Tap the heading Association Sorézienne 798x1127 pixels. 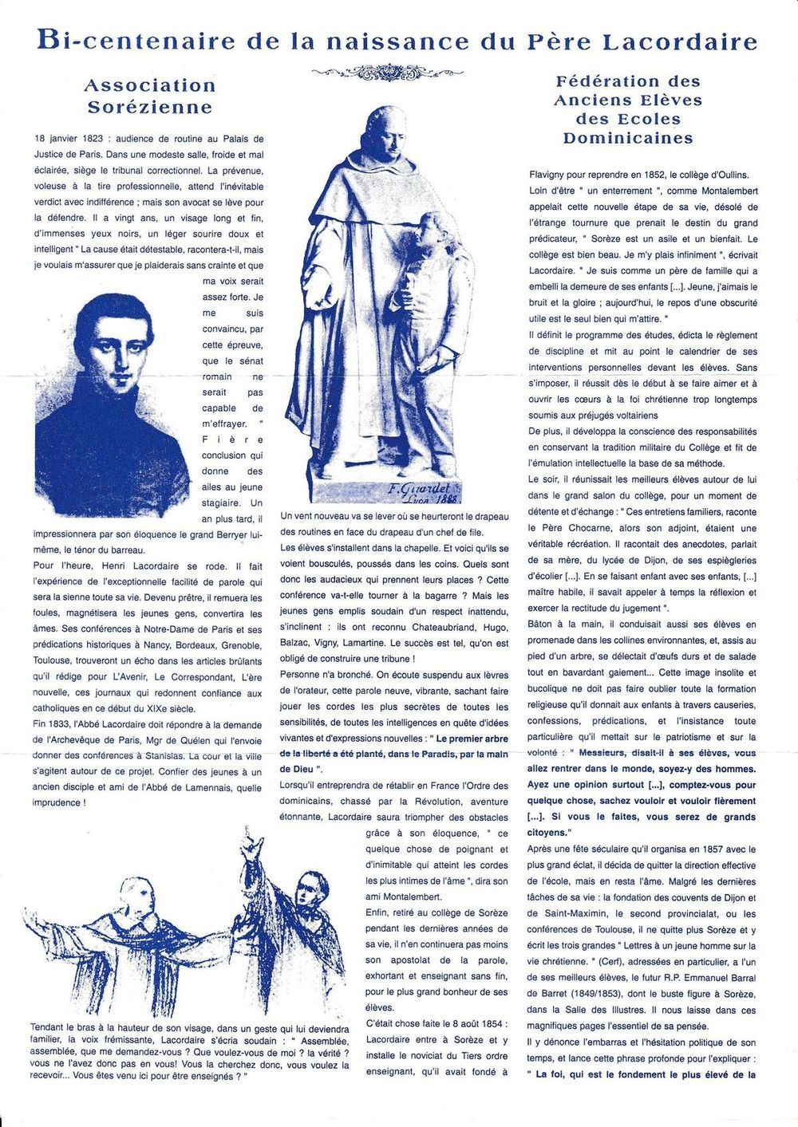[x=150, y=96]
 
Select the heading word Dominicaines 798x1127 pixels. [x=627, y=138]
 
